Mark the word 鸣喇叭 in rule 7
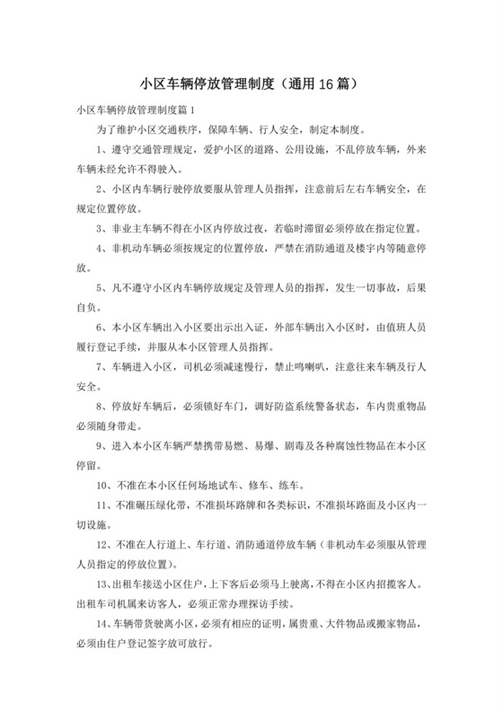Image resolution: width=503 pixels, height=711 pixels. click(x=310, y=366)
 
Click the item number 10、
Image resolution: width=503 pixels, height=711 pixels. click(x=104, y=485)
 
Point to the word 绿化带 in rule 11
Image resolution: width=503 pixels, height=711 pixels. click(x=164, y=505)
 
